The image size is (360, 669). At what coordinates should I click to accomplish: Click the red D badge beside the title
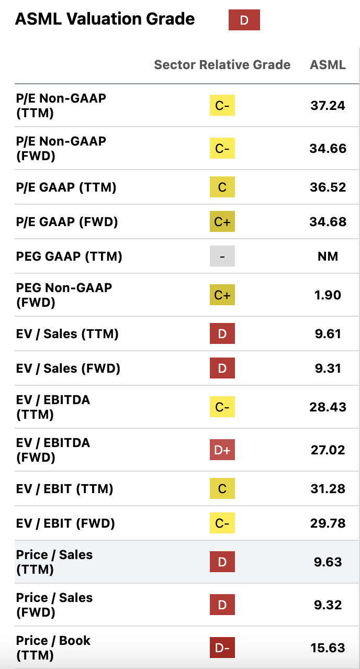[x=244, y=20]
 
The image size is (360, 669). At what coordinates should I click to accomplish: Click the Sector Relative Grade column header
[x=222, y=65]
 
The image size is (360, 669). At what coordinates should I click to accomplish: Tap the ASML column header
[x=328, y=65]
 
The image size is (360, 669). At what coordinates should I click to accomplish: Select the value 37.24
[x=328, y=106]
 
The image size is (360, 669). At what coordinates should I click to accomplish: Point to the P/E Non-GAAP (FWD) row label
[x=61, y=149]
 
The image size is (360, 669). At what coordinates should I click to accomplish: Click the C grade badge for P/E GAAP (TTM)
[x=222, y=187]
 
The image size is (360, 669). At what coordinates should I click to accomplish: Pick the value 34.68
[x=328, y=222]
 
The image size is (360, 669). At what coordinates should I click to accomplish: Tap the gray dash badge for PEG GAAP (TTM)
[x=222, y=257]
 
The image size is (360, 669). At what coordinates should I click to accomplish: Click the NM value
[x=328, y=257]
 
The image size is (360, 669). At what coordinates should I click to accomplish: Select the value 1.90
[x=328, y=295]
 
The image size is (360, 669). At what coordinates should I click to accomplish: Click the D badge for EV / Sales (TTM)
[x=222, y=334]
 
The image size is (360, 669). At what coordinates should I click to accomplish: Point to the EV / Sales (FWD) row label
[x=68, y=369]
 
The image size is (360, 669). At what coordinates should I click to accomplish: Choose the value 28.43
[x=328, y=407]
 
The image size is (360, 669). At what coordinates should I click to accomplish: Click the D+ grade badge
[x=222, y=450]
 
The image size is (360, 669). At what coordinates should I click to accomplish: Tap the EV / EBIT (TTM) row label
[x=65, y=489]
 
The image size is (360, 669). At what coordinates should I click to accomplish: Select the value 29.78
[x=328, y=523]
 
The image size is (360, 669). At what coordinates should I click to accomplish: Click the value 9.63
[x=328, y=562]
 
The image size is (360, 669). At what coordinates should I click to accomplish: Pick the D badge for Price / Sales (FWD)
[x=222, y=605]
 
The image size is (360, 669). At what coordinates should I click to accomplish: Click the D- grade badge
[x=222, y=648]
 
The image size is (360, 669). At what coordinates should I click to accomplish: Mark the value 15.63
[x=328, y=648]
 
